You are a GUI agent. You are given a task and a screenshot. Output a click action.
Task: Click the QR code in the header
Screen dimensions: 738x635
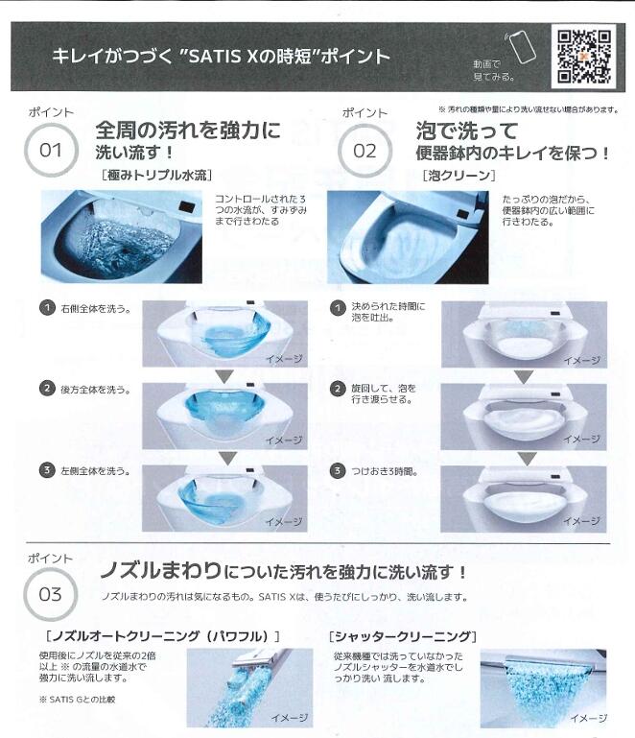click(x=584, y=56)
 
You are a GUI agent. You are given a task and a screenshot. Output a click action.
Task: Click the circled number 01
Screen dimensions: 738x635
click(x=50, y=151)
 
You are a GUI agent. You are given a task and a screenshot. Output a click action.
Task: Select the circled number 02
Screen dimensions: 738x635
click(x=365, y=151)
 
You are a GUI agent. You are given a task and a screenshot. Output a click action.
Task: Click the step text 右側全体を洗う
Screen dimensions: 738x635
click(x=97, y=309)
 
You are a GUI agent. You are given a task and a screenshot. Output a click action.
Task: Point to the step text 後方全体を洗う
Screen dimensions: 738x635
click(x=97, y=389)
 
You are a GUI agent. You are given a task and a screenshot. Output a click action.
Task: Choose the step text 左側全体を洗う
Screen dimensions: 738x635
click(x=97, y=470)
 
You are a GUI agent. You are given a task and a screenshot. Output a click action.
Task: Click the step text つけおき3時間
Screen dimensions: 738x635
click(x=387, y=471)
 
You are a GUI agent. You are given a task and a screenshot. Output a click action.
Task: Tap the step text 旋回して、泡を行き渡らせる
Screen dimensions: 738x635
click(x=387, y=394)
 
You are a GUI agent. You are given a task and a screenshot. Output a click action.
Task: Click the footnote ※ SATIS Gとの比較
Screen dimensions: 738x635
click(x=77, y=700)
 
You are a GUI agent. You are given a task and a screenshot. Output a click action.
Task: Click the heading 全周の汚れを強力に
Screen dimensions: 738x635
click(x=187, y=130)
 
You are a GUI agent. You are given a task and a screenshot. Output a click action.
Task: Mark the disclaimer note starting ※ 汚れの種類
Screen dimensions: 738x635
click(x=528, y=109)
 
